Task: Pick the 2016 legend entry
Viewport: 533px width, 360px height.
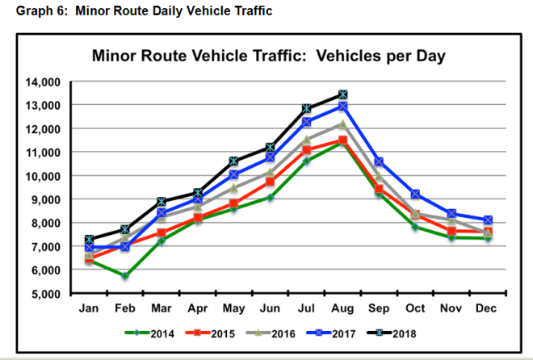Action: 272,331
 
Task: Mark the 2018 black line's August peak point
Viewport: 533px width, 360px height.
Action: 343,94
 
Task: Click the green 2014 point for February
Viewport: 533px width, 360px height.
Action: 124,276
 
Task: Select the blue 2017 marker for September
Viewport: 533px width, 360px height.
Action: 380,162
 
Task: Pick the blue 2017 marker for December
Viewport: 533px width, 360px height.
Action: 488,220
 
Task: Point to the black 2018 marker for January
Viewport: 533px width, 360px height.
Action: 89,239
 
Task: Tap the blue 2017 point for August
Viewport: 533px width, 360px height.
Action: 343,106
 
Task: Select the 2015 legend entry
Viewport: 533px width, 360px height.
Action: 212,331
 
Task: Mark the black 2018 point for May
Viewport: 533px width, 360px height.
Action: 234,161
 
